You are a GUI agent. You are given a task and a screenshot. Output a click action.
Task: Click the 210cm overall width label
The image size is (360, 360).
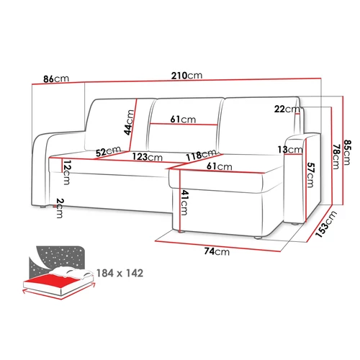[186, 76]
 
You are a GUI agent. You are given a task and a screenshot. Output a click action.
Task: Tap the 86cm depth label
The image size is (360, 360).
[56, 78]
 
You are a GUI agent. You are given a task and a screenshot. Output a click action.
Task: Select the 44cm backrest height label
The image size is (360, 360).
[129, 122]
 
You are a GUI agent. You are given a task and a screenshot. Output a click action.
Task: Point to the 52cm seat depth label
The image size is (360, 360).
[108, 151]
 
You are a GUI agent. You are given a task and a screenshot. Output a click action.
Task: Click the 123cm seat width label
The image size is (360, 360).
[148, 157]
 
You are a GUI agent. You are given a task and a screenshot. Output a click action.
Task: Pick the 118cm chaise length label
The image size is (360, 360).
[202, 155]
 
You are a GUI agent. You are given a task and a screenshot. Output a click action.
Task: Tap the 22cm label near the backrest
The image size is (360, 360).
[287, 109]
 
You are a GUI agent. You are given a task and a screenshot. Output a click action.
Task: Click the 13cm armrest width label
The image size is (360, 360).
[290, 150]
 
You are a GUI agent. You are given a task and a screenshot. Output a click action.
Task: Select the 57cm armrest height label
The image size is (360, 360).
[310, 175]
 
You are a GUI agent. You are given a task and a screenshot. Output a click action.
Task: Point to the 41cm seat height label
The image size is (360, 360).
[184, 202]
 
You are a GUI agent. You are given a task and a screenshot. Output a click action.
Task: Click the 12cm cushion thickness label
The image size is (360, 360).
[66, 173]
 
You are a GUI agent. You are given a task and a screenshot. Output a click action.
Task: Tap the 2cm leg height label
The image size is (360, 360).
[59, 208]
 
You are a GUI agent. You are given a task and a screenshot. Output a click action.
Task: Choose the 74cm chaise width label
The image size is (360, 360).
[217, 251]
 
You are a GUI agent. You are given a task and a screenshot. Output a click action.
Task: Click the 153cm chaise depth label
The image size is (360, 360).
[326, 224]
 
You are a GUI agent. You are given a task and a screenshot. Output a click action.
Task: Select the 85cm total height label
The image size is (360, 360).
[347, 152]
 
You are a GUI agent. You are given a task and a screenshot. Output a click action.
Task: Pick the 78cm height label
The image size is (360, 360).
[336, 156]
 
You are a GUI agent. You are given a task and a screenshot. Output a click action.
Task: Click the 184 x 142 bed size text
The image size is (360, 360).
[120, 273]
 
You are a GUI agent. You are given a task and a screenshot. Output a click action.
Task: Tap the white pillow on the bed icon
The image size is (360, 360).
[72, 273]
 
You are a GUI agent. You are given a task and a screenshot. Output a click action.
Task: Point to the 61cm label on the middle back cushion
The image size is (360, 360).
[183, 119]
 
